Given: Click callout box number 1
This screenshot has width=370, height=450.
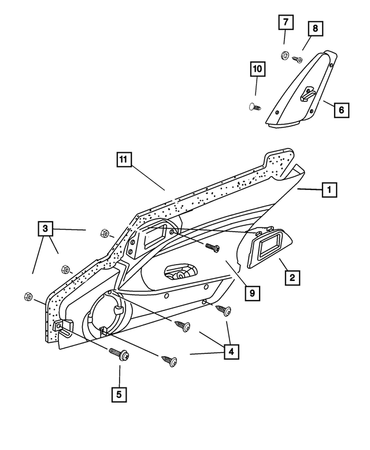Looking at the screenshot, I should pyautogui.click(x=330, y=189).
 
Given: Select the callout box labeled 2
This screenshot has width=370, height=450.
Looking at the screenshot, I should pyautogui.click(x=292, y=278).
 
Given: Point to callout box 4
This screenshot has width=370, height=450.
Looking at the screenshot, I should pyautogui.click(x=231, y=351).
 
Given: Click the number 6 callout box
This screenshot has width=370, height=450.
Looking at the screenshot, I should pyautogui.click(x=341, y=109).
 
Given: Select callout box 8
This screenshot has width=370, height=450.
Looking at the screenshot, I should pyautogui.click(x=315, y=28).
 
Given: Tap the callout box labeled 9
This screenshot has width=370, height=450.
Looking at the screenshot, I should pyautogui.click(x=251, y=293).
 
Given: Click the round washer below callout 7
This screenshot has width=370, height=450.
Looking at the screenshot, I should pyautogui.click(x=284, y=56).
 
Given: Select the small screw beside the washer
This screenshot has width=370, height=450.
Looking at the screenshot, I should pyautogui.click(x=298, y=58).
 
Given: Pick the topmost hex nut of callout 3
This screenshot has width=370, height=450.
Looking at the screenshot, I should pyautogui.click(x=105, y=233).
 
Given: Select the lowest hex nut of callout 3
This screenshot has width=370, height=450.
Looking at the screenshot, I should pyautogui.click(x=28, y=296).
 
